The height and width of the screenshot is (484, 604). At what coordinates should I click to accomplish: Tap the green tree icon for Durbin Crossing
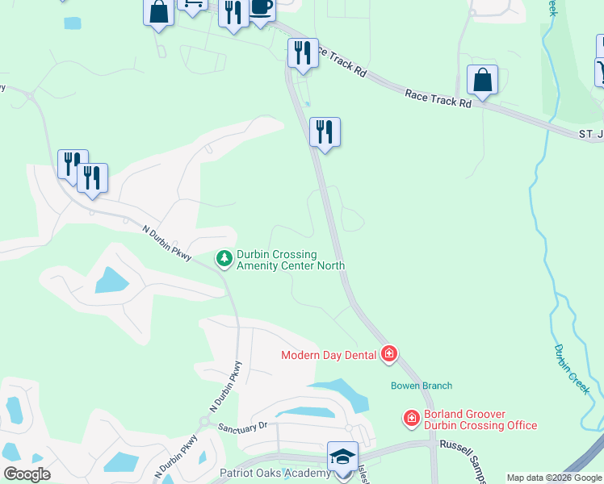click(x=224, y=258)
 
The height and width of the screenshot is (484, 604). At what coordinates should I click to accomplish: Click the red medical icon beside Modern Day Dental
click(x=389, y=354)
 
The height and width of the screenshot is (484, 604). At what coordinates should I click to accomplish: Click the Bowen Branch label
click(x=422, y=386)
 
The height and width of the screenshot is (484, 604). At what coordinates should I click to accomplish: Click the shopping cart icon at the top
click(x=192, y=5)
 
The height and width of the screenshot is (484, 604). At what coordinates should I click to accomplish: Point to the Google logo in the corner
click(x=27, y=474)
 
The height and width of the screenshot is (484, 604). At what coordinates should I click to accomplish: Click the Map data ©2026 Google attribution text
click(x=555, y=478)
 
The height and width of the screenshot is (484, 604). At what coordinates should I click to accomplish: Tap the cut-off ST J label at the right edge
click(x=589, y=132)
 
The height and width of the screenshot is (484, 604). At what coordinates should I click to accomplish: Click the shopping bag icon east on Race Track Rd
click(x=482, y=81)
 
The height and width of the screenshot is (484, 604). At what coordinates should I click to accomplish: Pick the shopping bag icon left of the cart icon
click(x=159, y=12)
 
